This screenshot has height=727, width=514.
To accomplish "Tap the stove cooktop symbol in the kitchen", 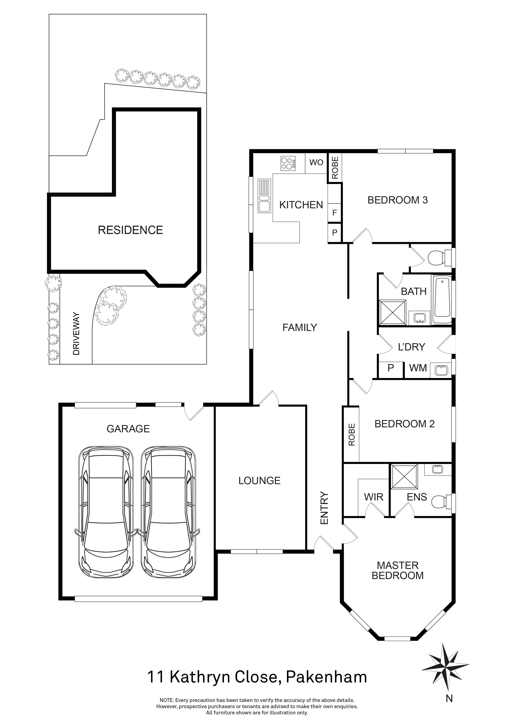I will [288, 163].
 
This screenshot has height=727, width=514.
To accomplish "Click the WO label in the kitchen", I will [316, 162].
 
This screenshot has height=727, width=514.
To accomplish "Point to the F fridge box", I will [335, 213].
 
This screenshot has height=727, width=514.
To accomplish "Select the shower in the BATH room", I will [392, 312].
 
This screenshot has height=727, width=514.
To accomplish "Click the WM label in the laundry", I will [418, 368].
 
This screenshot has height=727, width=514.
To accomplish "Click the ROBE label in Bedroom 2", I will [352, 435].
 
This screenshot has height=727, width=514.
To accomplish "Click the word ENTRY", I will [325, 508].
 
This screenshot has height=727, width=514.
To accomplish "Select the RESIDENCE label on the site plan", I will [130, 230].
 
